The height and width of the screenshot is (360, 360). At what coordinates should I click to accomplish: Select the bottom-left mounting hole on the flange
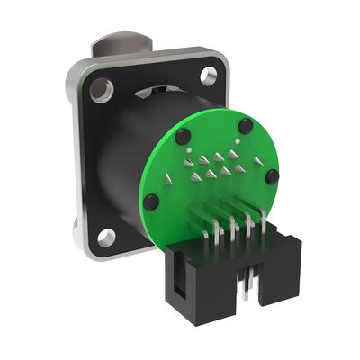tap(107, 237)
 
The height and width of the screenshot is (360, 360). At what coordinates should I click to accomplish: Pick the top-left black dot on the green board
tap(183, 136)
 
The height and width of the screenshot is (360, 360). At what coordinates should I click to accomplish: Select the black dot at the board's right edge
tap(270, 177)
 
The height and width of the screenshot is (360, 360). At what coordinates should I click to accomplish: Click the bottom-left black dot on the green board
tap(152, 202)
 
